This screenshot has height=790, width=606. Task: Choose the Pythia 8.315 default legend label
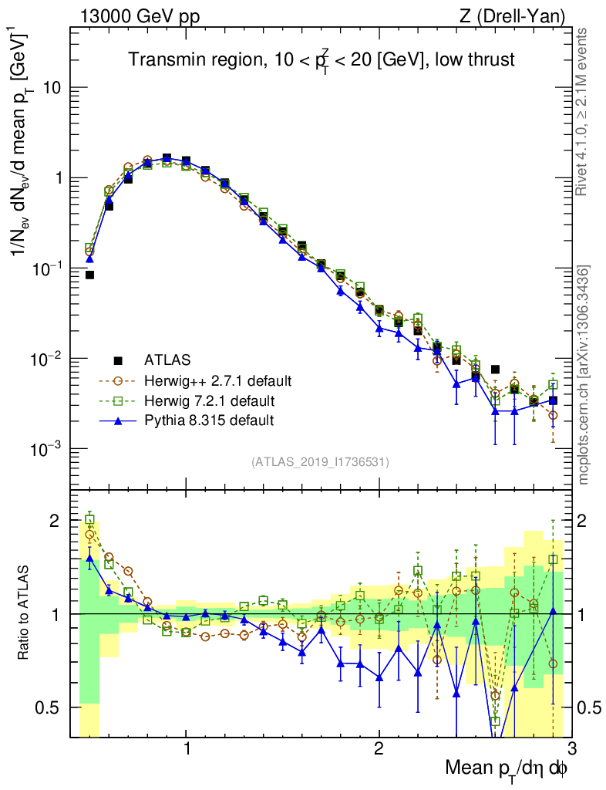tap(209, 420)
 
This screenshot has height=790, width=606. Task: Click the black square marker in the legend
tap(118, 360)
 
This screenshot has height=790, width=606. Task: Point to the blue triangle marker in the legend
tap(118, 420)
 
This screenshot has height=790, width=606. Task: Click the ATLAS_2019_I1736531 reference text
tap(320, 462)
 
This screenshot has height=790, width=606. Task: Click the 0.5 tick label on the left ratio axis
tap(52, 707)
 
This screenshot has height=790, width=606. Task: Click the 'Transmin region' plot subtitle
tap(322, 60)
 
